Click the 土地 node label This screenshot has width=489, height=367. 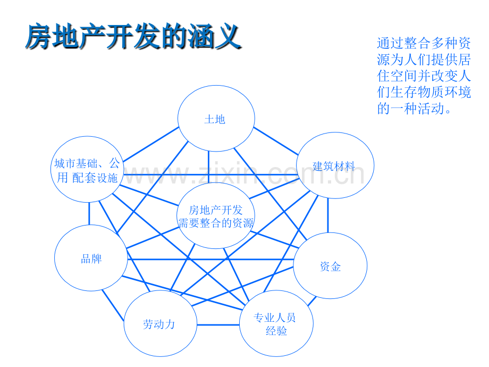coord(215,120)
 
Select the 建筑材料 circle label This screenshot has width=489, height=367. coord(334,166)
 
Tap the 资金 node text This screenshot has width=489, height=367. coord(330,266)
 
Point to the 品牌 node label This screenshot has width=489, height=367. coord(91,259)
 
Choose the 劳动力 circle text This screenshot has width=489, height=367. coord(159,324)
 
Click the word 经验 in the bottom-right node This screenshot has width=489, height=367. coord(276,331)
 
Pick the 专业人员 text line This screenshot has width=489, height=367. coord(274,318)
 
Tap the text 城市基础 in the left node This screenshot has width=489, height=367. coord(76,163)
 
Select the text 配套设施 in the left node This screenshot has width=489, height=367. coord(95,178)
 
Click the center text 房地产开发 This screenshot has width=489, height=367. coord(216,210)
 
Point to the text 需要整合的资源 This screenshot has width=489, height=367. coord(216,223)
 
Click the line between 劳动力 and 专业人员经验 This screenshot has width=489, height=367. coord(218,325)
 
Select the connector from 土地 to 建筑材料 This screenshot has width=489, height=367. coord(276,141)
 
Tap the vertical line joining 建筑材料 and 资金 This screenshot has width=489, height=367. coord(328,215)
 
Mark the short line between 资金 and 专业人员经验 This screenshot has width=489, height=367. coord(312,301)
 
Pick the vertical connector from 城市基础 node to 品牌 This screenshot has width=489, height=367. coord(89,213)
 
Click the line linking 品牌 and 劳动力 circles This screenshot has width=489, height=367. coord(113,305)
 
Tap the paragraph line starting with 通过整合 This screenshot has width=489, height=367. coord(424,43)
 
